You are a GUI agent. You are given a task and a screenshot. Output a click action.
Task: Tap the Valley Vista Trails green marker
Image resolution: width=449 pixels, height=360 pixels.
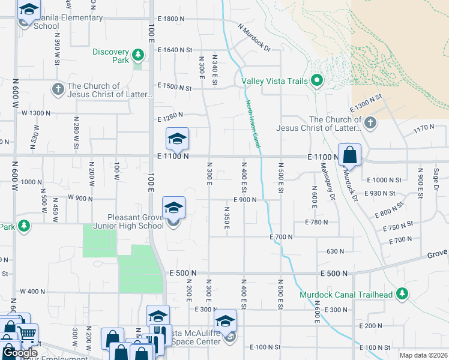pyautogui.click(x=317, y=81)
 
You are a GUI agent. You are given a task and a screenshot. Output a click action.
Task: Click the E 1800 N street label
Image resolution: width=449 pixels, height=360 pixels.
pyautogui.click(x=171, y=19)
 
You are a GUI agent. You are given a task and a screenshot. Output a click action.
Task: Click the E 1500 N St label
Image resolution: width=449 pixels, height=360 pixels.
pyautogui.click(x=174, y=88)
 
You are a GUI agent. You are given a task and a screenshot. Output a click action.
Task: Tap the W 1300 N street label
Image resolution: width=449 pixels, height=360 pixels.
pyautogui.click(x=36, y=113)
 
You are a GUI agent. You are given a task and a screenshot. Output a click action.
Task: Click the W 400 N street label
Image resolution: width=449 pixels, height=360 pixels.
pyautogui.click(x=32, y=292)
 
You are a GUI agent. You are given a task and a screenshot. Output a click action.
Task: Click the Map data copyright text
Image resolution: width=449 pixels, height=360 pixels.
pyautogui.click(x=423, y=355)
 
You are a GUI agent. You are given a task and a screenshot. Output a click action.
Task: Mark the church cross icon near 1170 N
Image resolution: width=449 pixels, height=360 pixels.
pyautogui.click(x=370, y=124)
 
